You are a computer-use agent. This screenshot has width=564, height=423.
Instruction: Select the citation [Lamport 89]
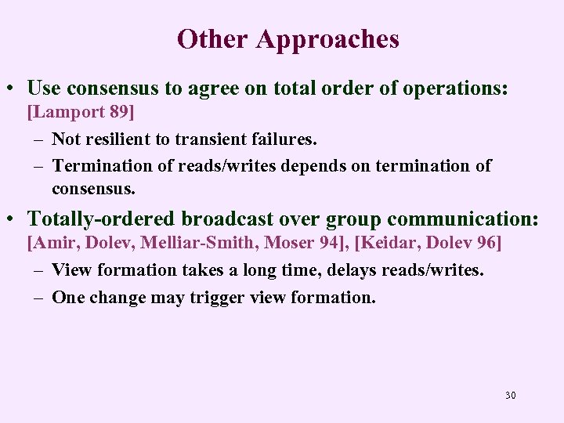tap(81, 112)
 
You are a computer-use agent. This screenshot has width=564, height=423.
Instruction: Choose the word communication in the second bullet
tap(462, 219)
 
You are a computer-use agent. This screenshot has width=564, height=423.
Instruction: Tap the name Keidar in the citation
tap(389, 243)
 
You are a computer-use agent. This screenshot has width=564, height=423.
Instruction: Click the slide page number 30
tap(510, 395)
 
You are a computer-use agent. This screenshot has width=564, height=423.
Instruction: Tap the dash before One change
tap(38, 298)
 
